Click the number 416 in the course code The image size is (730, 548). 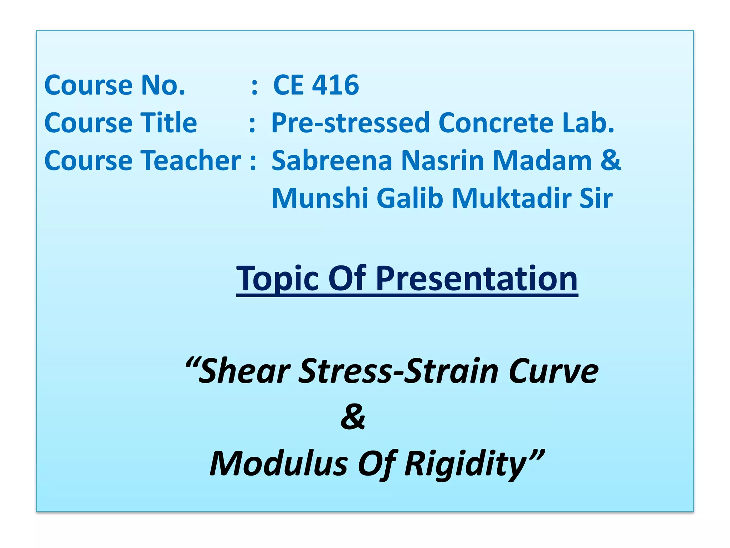pos(335,85)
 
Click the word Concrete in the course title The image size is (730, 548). pos(495,123)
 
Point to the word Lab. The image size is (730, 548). pos(588,123)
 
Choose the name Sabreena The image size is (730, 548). pos(331,161)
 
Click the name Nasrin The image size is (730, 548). pos(442,161)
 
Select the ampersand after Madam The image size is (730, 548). pos(611,161)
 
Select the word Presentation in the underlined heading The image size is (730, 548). pos(477,279)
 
